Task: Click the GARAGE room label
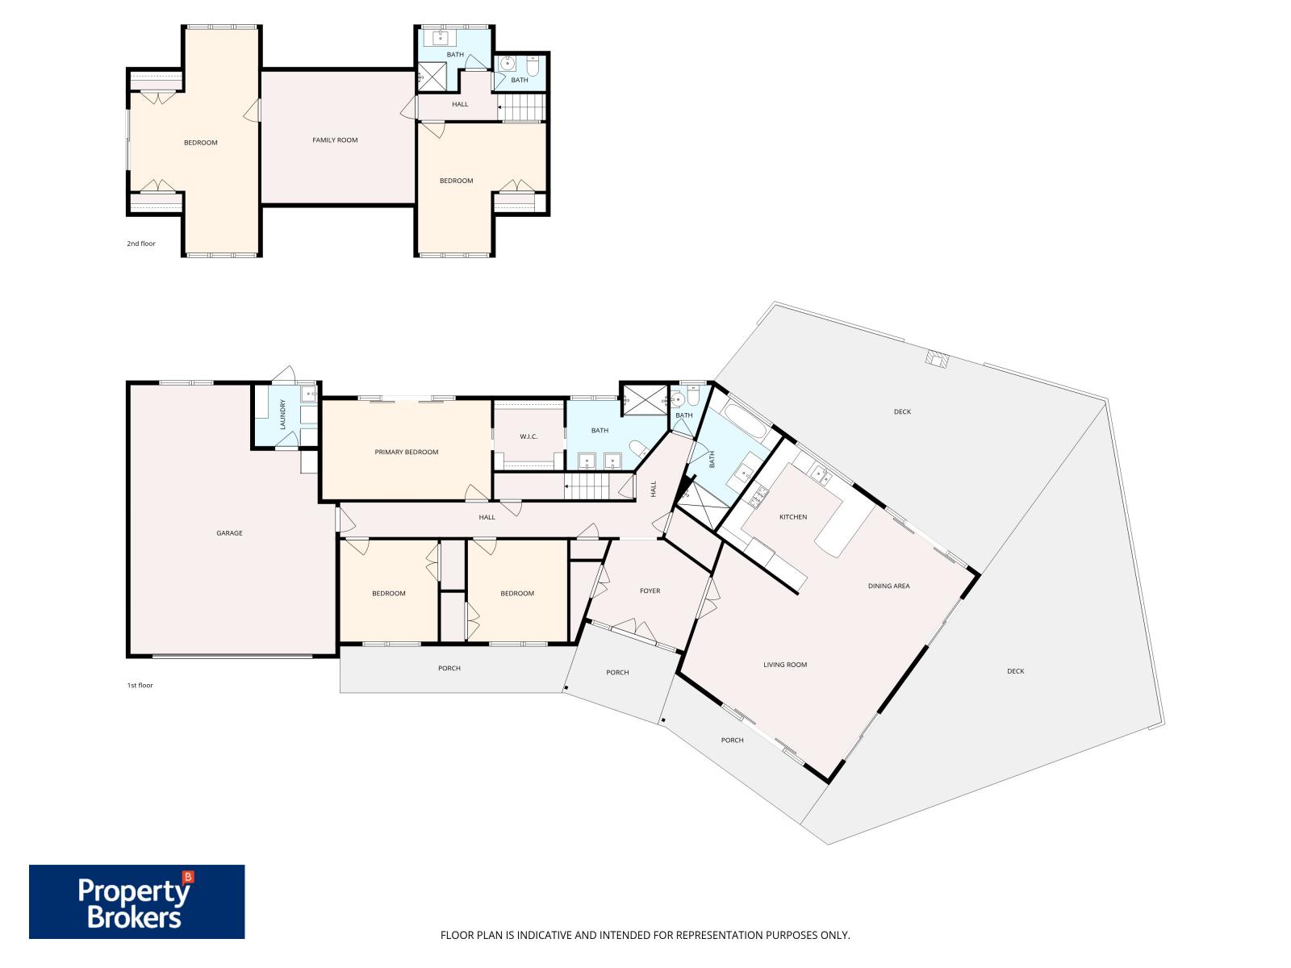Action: [229, 533]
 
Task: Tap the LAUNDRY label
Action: [282, 414]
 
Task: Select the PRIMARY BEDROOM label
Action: [407, 452]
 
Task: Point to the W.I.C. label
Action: [529, 436]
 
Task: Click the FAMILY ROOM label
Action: [335, 140]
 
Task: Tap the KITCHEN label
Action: [793, 516]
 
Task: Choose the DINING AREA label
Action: [888, 586]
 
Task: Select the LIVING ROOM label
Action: [784, 664]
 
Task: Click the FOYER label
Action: [650, 590]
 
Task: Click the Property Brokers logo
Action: [136, 902]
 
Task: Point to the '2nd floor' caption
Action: [141, 244]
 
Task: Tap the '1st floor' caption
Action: [140, 686]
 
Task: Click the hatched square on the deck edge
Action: [936, 358]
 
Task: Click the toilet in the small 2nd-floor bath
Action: [533, 66]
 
